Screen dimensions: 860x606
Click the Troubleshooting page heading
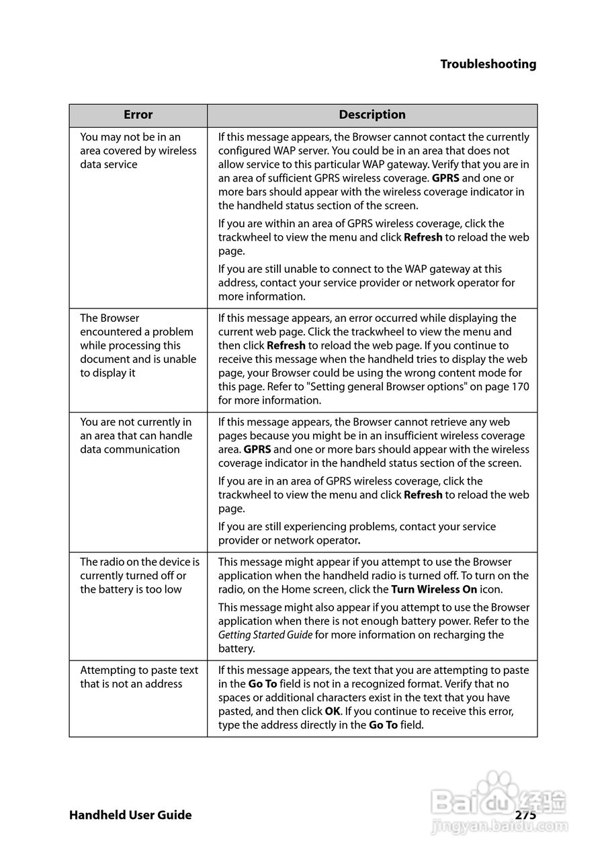[x=488, y=64]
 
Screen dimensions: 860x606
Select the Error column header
[x=138, y=115]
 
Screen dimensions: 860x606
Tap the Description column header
[x=372, y=115]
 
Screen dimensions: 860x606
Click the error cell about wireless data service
[x=138, y=150]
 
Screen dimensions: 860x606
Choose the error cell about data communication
[x=136, y=435]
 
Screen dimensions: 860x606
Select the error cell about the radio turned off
[x=139, y=575]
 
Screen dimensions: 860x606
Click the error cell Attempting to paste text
[x=139, y=677]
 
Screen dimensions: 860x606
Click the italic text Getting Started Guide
[x=265, y=635]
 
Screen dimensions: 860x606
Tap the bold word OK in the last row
[x=333, y=712]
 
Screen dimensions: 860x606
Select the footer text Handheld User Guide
[x=130, y=815]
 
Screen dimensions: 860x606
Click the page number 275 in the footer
[x=525, y=815]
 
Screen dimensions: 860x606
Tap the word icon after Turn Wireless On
[x=491, y=589]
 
